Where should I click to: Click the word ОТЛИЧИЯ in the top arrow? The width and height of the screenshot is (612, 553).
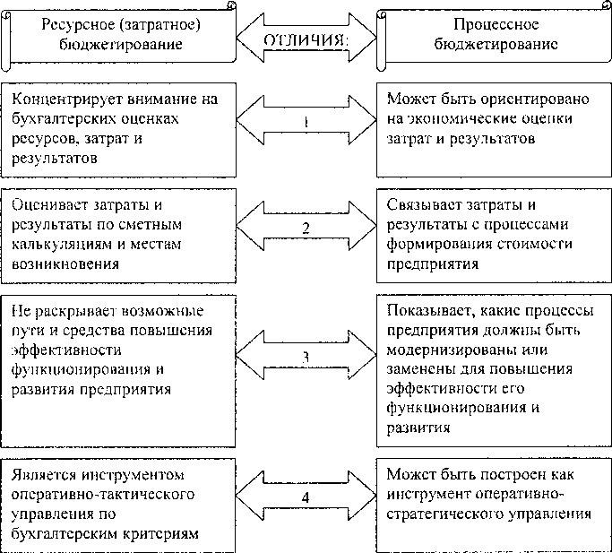pyautogui.click(x=306, y=40)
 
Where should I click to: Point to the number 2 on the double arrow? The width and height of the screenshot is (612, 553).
pyautogui.click(x=306, y=228)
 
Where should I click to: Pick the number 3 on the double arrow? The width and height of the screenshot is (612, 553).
pyautogui.click(x=306, y=356)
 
